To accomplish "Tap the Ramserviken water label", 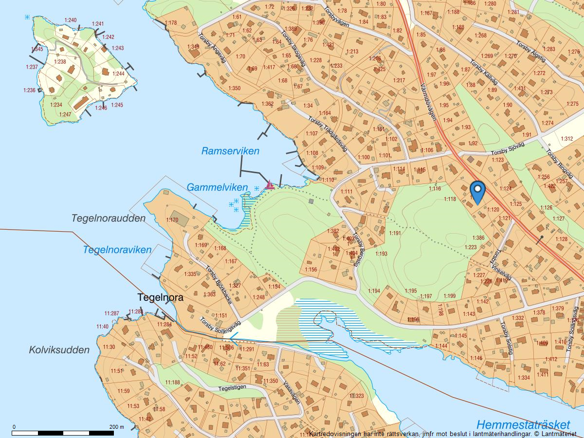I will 230,151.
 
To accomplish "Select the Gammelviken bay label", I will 217,187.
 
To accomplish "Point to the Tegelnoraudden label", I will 109,218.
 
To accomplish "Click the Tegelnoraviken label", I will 117,250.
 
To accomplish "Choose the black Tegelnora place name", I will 161,297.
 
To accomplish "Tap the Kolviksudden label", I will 59,349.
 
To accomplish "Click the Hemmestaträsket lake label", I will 523,424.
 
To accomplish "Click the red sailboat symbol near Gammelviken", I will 269,184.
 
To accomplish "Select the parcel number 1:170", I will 172,220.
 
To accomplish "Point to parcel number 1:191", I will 394,234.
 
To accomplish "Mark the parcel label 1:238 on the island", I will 60,62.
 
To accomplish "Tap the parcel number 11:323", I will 356,396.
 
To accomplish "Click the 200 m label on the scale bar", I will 116,427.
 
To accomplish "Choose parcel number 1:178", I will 171,23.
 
